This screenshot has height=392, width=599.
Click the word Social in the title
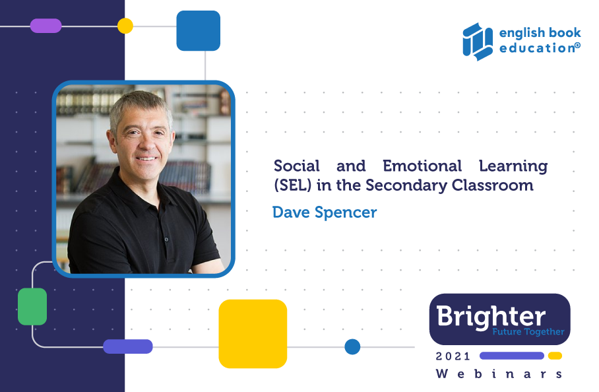coord(296,166)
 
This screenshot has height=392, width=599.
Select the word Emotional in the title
coord(422,166)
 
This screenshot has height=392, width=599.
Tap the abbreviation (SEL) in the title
coord(293,185)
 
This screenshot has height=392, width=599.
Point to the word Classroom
coord(492,185)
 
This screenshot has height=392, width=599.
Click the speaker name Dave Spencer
coord(325,212)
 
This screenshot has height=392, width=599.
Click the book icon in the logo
coord(478,42)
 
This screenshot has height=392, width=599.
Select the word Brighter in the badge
coord(491,315)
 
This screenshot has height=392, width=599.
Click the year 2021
coord(453,356)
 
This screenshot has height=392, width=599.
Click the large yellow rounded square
coord(253,334)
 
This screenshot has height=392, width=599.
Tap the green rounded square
coord(32,307)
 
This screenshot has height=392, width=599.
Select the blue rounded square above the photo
coord(199,30)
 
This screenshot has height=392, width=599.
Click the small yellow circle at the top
coord(125,26)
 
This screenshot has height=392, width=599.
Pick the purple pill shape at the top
coord(46,26)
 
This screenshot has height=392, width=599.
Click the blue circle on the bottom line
coord(352,347)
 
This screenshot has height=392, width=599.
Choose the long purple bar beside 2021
coord(512,356)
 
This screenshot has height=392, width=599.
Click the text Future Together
coord(528,332)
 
